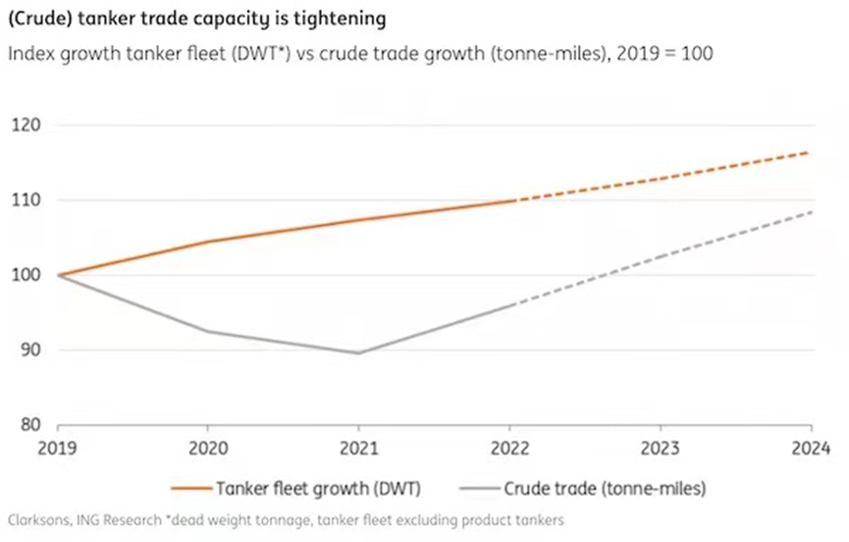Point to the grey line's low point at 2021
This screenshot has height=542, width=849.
[359, 353]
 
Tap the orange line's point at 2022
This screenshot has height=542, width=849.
[510, 201]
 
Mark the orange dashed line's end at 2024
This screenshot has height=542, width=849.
[811, 152]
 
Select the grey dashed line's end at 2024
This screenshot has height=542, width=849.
[811, 211]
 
